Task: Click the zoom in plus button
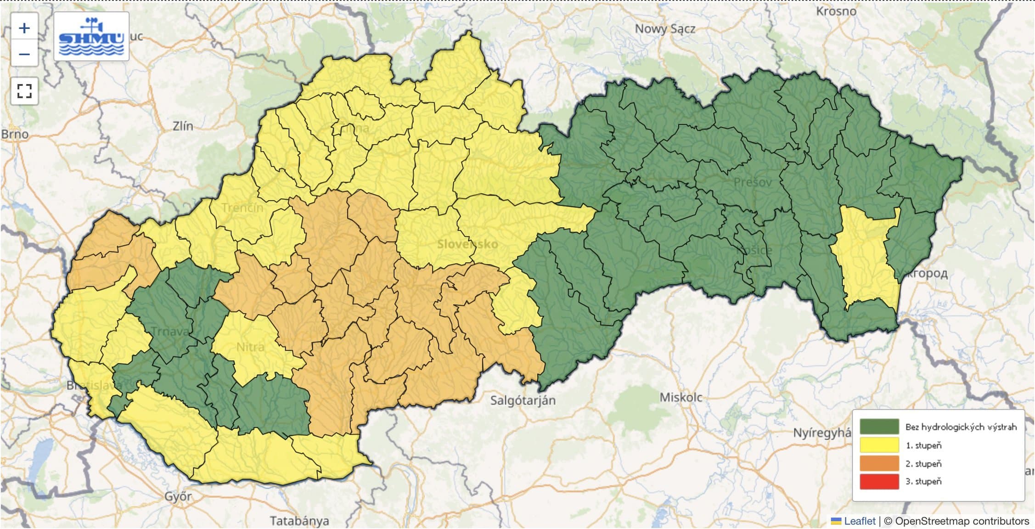(x=24, y=28)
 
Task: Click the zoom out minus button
(x=24, y=54)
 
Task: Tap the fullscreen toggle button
(x=24, y=90)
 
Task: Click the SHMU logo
(x=91, y=37)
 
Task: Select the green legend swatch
(x=879, y=427)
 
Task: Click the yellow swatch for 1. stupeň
(x=879, y=445)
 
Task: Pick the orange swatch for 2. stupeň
(x=879, y=463)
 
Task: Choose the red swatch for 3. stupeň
(x=879, y=481)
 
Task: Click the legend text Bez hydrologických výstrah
(x=961, y=427)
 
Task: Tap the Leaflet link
(x=859, y=521)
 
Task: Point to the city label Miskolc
(x=681, y=397)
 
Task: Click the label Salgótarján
(x=523, y=400)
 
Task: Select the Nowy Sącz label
(x=664, y=29)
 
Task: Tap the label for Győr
(x=178, y=496)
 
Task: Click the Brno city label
(x=15, y=134)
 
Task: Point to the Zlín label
(x=183, y=126)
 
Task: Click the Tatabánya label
(x=299, y=521)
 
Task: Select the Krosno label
(x=836, y=11)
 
